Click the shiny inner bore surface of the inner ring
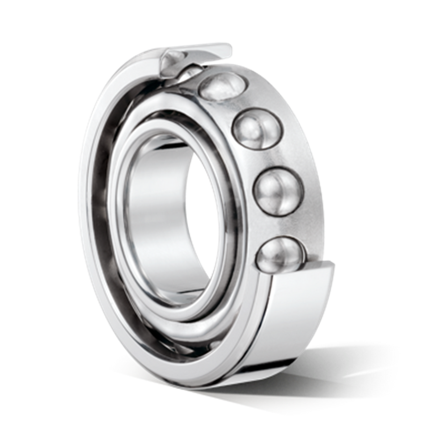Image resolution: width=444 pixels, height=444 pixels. click(x=152, y=210)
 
